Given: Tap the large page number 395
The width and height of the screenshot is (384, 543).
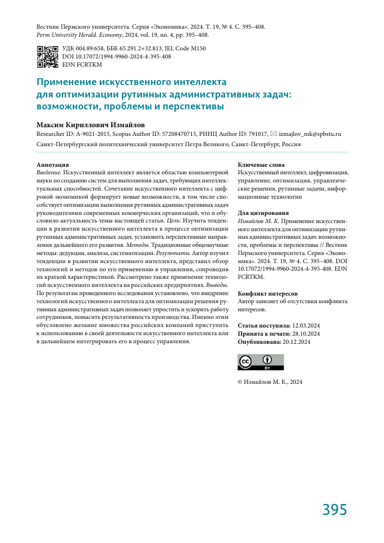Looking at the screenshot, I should tap(334, 509).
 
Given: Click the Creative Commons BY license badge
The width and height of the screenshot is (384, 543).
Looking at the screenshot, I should tap(261, 362).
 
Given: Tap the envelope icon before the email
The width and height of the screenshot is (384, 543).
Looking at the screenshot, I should tap(274, 134).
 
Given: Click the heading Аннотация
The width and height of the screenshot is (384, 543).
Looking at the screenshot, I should tap(53, 164).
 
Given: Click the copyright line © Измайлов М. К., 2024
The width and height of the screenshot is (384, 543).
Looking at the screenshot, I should tap(270, 382).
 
